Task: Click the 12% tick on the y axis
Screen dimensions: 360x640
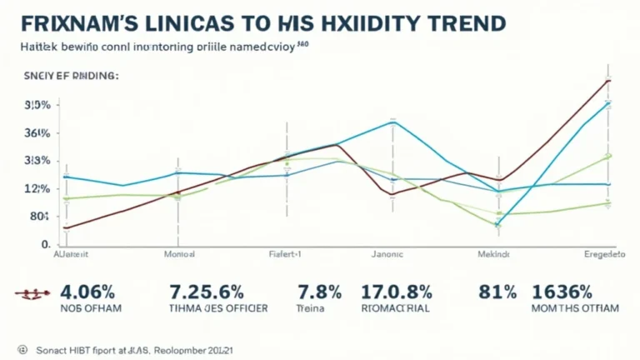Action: pos(37,189)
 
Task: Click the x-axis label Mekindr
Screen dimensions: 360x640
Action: pos(495,253)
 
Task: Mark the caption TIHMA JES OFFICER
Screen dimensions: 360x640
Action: pos(218,307)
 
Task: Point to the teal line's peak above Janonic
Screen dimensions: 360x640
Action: pos(392,122)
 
